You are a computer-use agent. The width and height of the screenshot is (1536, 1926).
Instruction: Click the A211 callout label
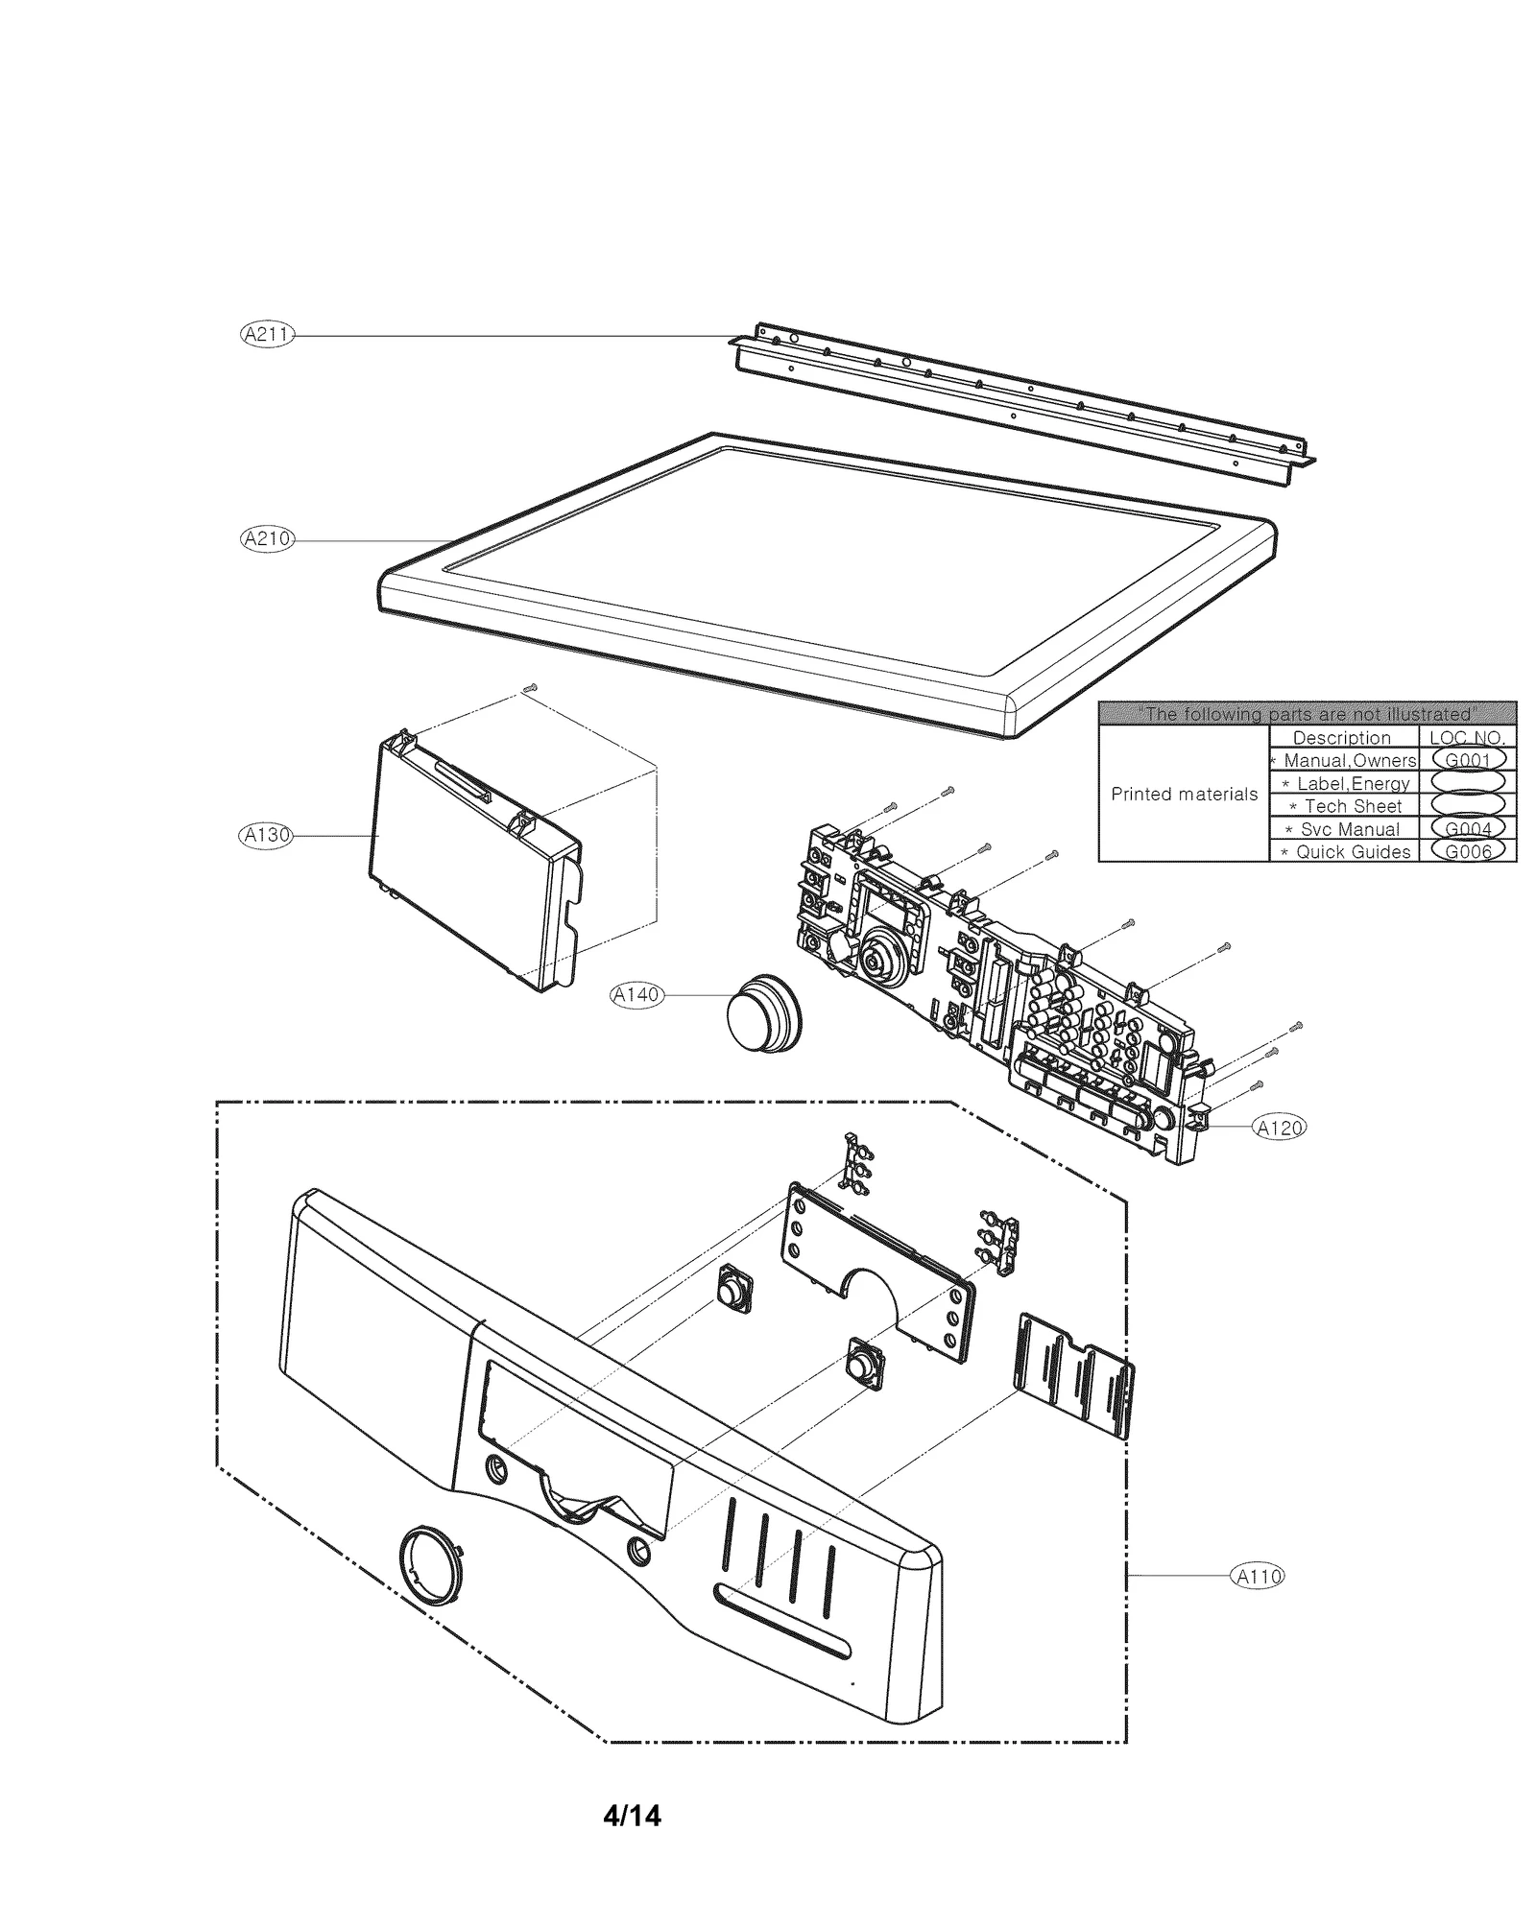pos(267,335)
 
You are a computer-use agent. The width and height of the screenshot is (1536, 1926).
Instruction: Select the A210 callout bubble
pos(267,539)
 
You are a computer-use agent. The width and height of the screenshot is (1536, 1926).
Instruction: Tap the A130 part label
pos(266,835)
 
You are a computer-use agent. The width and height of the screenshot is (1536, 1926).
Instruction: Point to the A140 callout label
pos(637,995)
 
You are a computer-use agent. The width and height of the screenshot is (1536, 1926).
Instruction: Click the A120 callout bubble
pos(1280,1129)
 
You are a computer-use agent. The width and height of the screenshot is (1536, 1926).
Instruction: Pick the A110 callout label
pos(1257,1576)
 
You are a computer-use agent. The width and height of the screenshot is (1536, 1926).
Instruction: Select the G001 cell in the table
pos(1467,760)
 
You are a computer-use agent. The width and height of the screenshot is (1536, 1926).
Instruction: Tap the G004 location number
pos(1467,828)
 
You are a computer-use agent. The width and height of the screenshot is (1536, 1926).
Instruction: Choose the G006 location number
pos(1467,851)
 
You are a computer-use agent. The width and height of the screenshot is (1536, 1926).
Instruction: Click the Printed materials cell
pos(1184,795)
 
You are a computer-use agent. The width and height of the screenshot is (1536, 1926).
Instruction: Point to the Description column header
pos(1341,738)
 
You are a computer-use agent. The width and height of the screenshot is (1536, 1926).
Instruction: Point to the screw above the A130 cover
pos(533,687)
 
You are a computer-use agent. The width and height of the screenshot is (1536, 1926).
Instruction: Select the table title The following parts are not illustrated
pos(1307,714)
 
